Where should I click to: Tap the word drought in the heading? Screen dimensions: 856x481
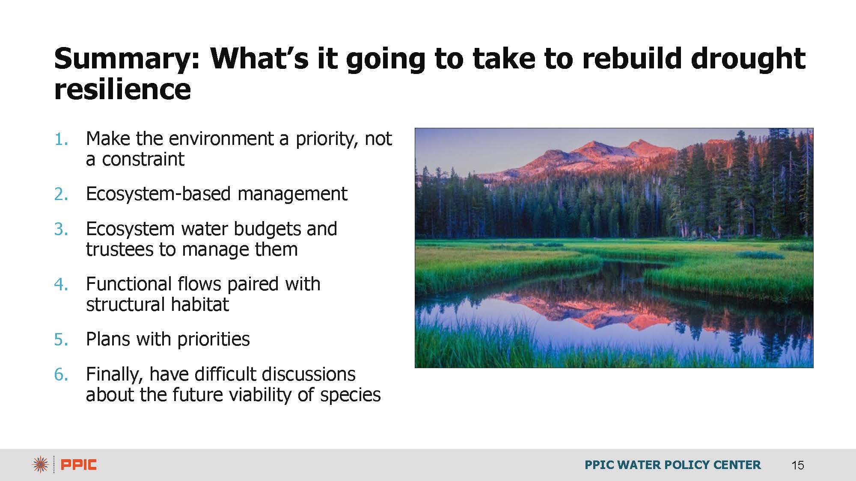[748, 59]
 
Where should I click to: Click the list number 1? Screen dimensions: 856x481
[61, 139]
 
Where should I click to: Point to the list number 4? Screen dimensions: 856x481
[61, 284]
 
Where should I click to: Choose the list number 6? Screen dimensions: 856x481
[61, 375]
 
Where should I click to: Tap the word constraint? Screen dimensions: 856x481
[143, 159]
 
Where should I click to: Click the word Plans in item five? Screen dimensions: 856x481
[108, 339]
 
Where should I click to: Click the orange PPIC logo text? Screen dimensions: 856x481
[79, 465]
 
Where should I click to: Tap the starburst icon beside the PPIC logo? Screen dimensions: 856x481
[40, 465]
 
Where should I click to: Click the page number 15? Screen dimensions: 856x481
[798, 465]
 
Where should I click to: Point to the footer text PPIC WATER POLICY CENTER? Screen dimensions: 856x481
[673, 465]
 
